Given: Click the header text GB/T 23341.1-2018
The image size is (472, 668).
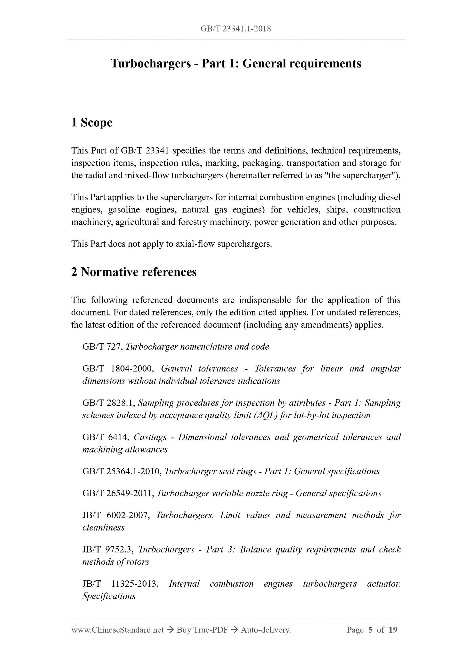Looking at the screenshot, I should coord(236,29).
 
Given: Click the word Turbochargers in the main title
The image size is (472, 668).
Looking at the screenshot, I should coord(150,63).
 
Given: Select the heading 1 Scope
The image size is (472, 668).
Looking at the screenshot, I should coord(92,123).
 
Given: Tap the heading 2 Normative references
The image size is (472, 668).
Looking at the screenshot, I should coord(134,272).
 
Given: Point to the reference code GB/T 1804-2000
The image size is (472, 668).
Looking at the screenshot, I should coord(118,369).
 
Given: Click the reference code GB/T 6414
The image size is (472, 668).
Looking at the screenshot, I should coord(106,437).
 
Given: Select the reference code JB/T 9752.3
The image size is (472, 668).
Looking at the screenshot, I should coord(108,550).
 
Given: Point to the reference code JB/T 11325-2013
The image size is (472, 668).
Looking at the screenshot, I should coord(120,584).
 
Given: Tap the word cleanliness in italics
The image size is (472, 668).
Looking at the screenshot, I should coord(103,528).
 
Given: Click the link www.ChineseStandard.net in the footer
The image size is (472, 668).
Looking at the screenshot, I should coord(117,630).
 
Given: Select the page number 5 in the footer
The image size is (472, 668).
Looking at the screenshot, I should coord(370,630).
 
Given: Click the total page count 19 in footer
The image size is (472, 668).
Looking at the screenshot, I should coord(393,630).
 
